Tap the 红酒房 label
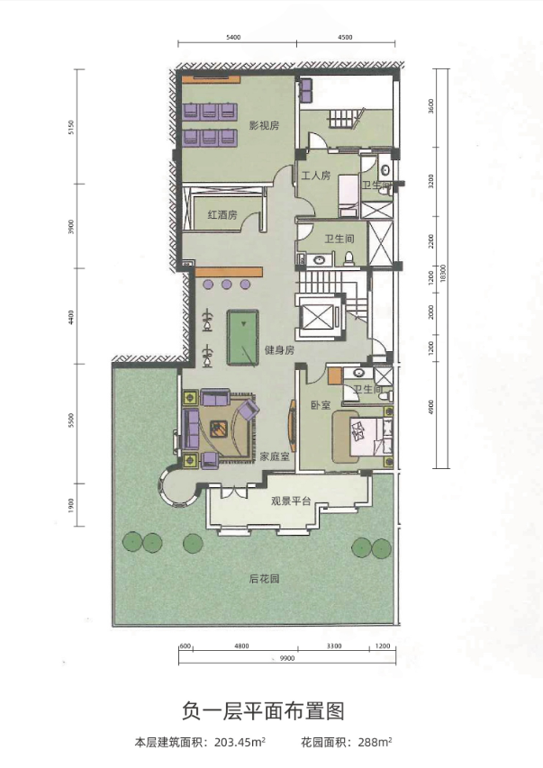tap(222, 215)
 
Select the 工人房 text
tap(316, 176)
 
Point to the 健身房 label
tap(278, 350)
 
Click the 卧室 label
tap(317, 405)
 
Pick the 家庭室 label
tap(274, 456)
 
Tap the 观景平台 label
tap(291, 501)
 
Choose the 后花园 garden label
tap(264, 579)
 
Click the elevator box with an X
tap(319, 316)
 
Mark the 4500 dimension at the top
tap(344, 38)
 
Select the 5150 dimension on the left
tap(70, 128)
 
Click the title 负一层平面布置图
tap(269, 711)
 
